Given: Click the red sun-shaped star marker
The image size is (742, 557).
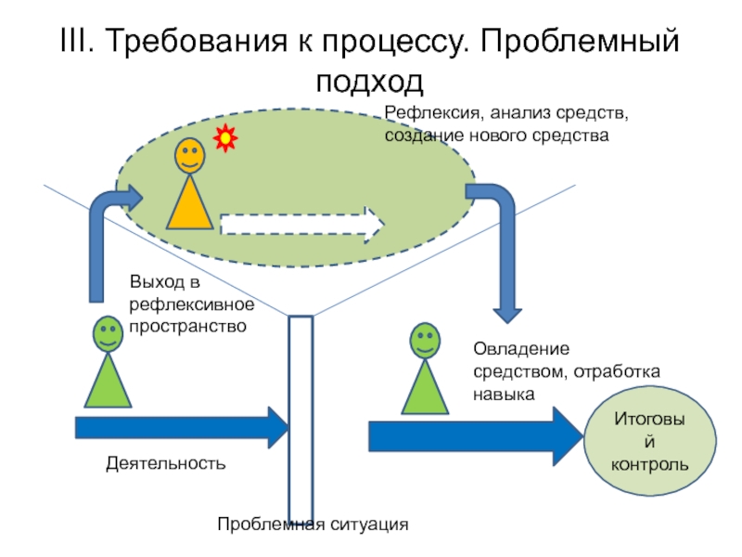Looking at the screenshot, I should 225,139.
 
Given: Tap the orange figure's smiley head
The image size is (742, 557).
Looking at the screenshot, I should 189,155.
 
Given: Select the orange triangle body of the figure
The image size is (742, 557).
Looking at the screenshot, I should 189,205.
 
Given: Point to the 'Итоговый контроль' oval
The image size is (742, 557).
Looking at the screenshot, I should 649,441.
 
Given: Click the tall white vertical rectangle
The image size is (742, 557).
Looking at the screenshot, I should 300,418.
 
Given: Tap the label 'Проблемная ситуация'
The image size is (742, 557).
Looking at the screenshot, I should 313,525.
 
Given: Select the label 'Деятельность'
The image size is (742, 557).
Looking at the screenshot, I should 165,462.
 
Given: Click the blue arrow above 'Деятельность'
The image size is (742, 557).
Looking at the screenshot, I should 182,427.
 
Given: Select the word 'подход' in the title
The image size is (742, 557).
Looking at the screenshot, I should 369,82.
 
